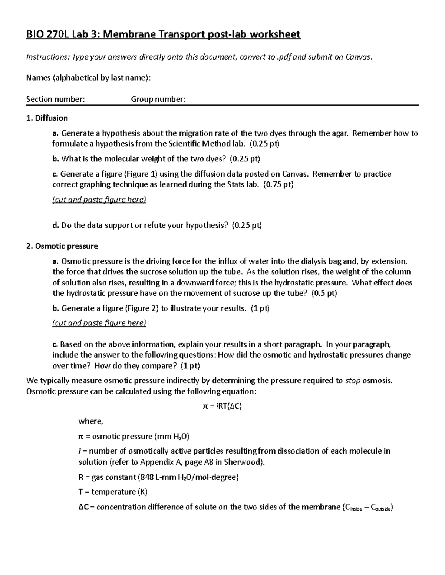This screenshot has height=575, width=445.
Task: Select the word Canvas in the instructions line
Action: point(357,57)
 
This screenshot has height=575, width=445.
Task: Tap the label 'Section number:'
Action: point(56,99)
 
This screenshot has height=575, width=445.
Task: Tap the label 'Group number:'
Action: point(158,99)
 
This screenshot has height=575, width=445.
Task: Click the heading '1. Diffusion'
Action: point(47,118)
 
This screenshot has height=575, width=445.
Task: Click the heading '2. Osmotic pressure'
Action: point(62,246)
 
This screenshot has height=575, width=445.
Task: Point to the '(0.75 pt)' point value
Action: point(278,185)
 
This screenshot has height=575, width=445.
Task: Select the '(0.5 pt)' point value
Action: point(324,294)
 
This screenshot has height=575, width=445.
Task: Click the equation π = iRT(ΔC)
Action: point(222,406)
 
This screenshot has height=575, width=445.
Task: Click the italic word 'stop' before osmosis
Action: point(353,381)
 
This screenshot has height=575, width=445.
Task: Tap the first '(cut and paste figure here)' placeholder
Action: point(99,200)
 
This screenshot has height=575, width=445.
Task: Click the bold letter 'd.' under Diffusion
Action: point(56,225)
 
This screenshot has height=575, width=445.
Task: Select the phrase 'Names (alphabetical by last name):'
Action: point(89,78)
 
